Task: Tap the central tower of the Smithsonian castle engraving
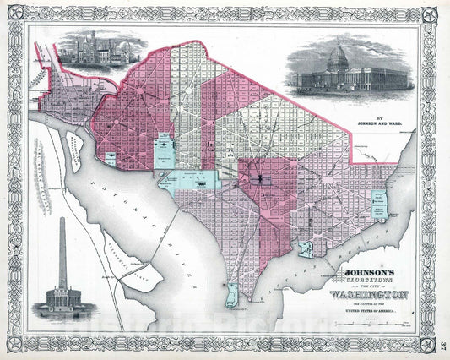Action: (87, 42)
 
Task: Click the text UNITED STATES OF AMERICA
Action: (379, 312)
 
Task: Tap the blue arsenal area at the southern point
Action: (230, 295)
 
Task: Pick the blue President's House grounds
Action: (164, 148)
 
